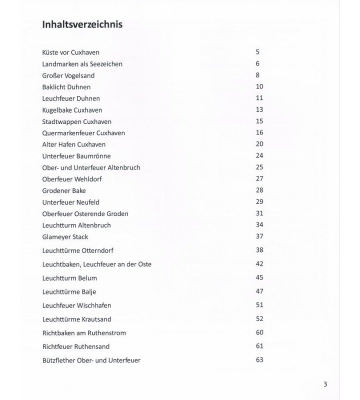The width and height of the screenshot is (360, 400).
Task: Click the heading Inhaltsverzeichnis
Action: click(x=82, y=24)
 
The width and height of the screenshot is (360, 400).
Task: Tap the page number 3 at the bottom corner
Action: click(x=325, y=384)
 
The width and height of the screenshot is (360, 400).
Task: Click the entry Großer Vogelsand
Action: click(x=68, y=75)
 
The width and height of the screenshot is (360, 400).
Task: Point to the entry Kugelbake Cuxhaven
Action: click(x=72, y=110)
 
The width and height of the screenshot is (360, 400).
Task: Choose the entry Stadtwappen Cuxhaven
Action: click(x=77, y=121)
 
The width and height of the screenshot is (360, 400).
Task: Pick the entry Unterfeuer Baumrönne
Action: click(x=76, y=156)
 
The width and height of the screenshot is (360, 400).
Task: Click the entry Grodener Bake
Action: click(x=64, y=190)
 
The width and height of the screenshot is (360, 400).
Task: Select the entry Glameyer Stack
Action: click(x=65, y=236)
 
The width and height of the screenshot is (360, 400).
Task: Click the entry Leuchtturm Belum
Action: click(x=69, y=278)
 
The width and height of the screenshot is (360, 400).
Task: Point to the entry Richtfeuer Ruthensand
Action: click(x=76, y=346)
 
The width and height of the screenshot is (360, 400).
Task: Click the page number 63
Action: click(x=259, y=359)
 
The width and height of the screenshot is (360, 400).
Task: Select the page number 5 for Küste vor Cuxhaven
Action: click(x=257, y=51)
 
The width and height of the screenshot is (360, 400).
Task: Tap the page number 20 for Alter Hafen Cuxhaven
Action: click(x=259, y=143)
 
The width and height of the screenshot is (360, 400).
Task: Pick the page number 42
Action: click(x=259, y=263)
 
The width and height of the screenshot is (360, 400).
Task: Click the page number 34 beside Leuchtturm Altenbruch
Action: click(x=259, y=224)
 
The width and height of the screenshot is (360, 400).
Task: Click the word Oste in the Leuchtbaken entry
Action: click(x=144, y=264)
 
